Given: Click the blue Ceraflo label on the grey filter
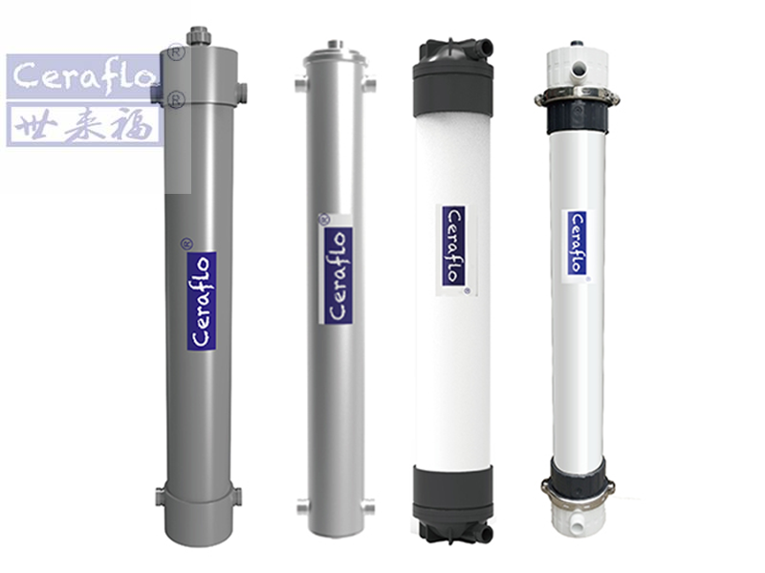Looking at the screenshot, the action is (x=202, y=301).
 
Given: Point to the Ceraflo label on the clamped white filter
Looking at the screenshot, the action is (x=578, y=243).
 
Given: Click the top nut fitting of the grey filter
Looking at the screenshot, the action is (x=198, y=36).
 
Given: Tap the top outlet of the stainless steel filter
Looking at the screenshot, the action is (x=336, y=44).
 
